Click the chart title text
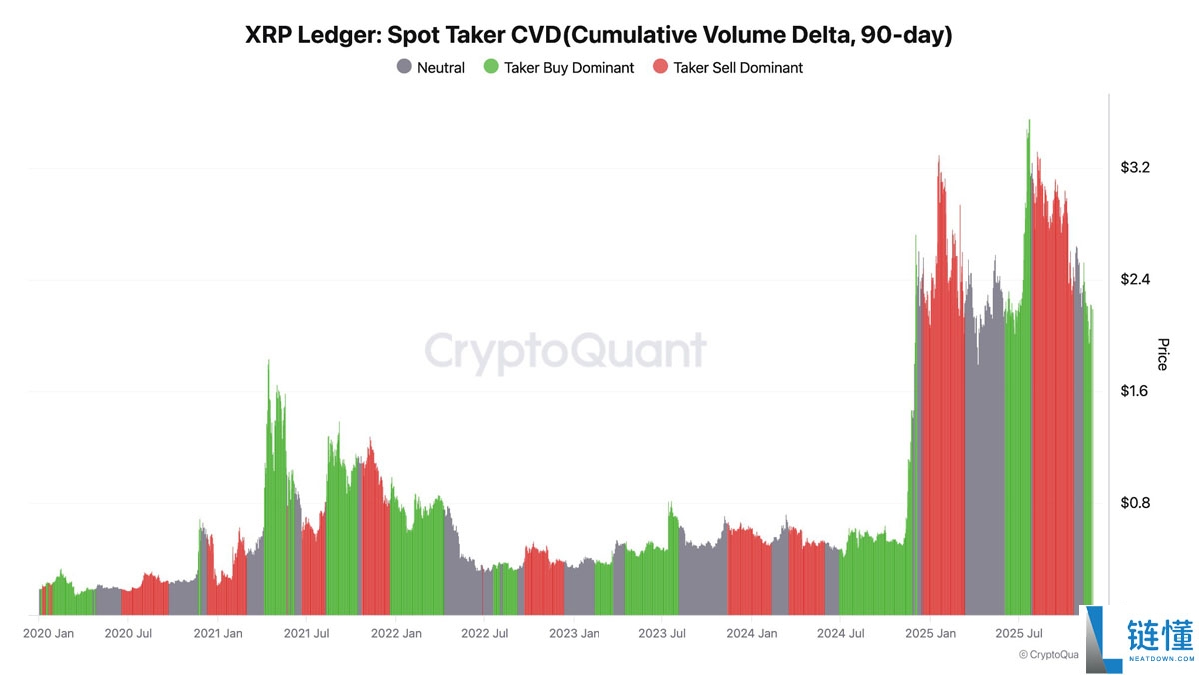pyautogui.click(x=599, y=35)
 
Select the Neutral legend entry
pyautogui.click(x=431, y=68)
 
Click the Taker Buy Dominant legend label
pyautogui.click(x=569, y=68)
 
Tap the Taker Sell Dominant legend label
pyautogui.click(x=738, y=68)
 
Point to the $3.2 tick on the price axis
pyautogui.click(x=1135, y=167)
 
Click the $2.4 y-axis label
pyautogui.click(x=1135, y=279)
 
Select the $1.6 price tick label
pyautogui.click(x=1135, y=391)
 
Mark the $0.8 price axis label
pyautogui.click(x=1135, y=503)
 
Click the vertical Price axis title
pyautogui.click(x=1162, y=354)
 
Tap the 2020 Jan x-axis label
pyautogui.click(x=48, y=633)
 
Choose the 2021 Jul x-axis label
pyautogui.click(x=306, y=633)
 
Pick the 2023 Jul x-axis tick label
pyautogui.click(x=662, y=633)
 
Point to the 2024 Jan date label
pyautogui.click(x=752, y=633)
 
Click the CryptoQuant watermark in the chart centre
pyautogui.click(x=566, y=352)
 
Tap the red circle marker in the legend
pyautogui.click(x=660, y=68)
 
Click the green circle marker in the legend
pyautogui.click(x=490, y=68)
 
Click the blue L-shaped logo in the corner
pyautogui.click(x=1097, y=638)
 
